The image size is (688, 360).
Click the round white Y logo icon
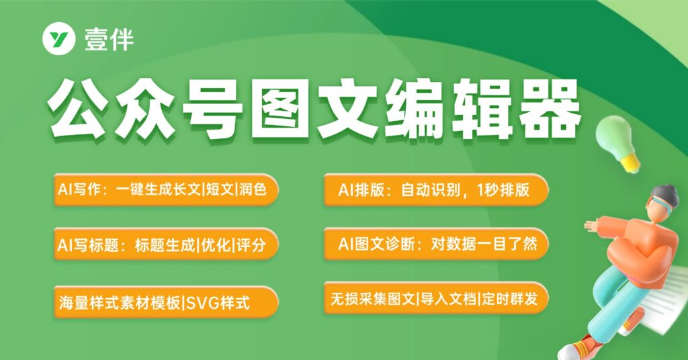point(59,40)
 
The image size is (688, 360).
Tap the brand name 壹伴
point(109,40)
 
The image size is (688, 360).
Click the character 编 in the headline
point(415,108)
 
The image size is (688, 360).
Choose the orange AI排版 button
point(436,189)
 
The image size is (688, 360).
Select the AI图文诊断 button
point(436,244)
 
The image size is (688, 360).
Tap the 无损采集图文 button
point(436,299)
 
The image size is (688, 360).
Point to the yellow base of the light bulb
point(630,163)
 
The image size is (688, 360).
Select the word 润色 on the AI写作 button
point(253,189)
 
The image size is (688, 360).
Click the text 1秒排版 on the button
point(503,190)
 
